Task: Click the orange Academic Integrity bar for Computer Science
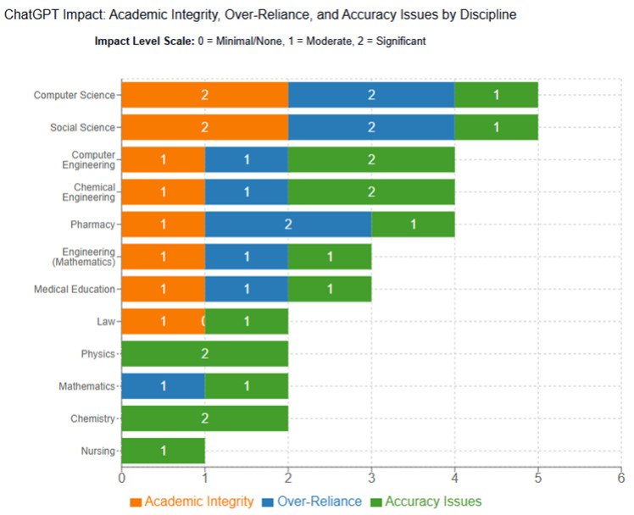tap(204, 95)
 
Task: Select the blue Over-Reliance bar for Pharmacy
tap(288, 224)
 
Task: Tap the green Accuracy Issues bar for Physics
tap(204, 353)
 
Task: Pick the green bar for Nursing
tap(163, 451)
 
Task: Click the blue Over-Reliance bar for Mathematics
tap(163, 386)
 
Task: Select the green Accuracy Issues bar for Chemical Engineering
tap(371, 191)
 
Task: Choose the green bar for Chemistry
tap(204, 418)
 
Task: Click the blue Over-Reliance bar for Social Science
tap(371, 127)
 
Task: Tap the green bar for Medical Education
tap(330, 289)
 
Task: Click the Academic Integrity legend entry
tap(192, 501)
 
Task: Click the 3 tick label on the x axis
tap(371, 479)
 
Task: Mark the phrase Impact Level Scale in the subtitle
tap(141, 42)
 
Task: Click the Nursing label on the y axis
tap(97, 451)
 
